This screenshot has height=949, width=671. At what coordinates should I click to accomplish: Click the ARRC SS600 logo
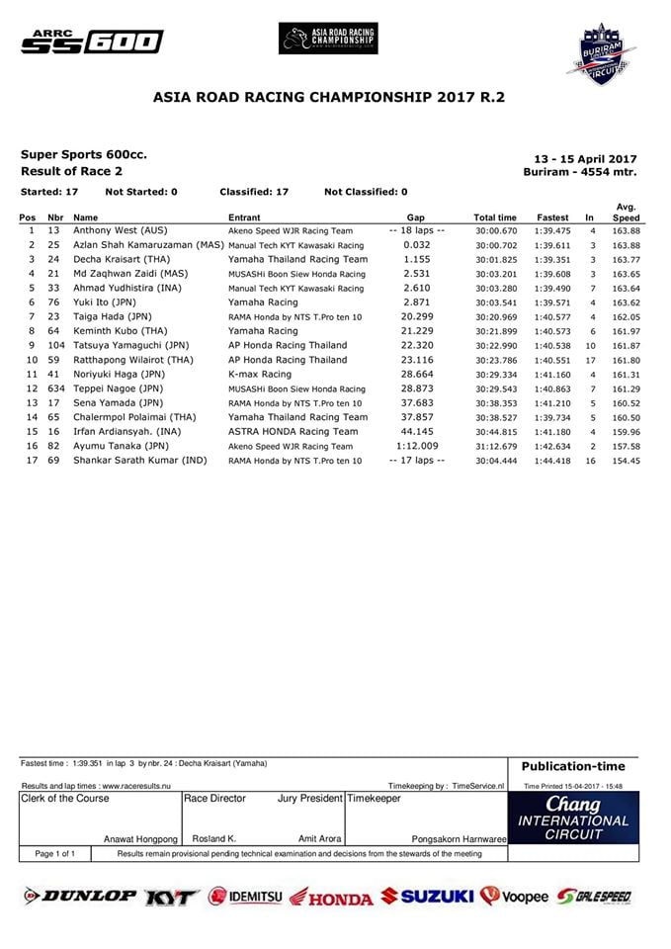coord(92,41)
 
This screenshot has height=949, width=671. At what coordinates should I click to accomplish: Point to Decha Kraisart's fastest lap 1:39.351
coord(552,259)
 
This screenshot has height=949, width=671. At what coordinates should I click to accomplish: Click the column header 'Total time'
coord(495,216)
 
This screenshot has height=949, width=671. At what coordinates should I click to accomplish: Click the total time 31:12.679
coord(495,446)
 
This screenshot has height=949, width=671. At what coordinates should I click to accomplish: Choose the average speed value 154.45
coord(626,461)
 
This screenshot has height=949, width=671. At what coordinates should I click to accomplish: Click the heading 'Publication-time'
coord(574,766)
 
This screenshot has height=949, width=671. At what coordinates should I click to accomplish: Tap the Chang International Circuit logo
coord(574,820)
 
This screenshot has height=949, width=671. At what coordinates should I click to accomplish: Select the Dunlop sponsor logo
coord(80,897)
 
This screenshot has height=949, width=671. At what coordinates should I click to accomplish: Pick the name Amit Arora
coord(319,838)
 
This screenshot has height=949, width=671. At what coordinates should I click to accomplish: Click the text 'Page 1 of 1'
coord(55,853)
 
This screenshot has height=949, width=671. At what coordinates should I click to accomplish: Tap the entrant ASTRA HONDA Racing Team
coord(294,432)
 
